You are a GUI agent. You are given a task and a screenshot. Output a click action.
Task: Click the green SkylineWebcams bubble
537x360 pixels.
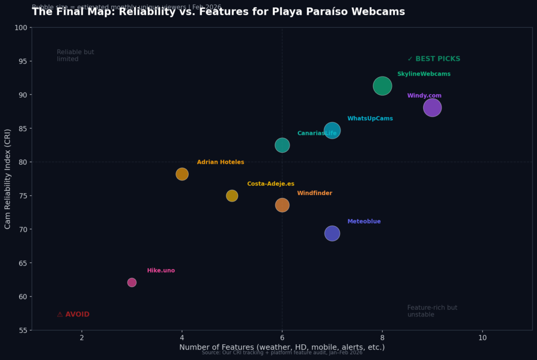click(382, 86)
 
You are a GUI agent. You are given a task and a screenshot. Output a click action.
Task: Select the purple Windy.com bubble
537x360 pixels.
click(432, 108)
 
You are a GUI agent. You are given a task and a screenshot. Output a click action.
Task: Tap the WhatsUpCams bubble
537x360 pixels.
click(332, 130)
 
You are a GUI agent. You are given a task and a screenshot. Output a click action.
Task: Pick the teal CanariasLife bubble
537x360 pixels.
click(282, 145)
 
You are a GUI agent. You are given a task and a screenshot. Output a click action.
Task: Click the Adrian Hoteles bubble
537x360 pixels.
click(182, 174)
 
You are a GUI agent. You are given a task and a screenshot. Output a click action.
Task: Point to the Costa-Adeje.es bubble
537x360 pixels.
click(232, 196)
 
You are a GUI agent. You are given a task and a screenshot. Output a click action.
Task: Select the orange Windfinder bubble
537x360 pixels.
click(282, 205)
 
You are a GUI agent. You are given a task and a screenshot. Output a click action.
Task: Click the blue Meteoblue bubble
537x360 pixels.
click(332, 234)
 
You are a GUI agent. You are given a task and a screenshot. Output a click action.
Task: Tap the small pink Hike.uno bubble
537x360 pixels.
click(132, 282)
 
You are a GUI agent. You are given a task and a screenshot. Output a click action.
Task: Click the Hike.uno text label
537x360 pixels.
click(161, 271)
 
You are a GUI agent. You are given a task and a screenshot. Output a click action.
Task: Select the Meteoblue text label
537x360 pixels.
click(364, 221)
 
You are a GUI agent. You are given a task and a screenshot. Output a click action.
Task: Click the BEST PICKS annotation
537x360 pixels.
click(434, 59)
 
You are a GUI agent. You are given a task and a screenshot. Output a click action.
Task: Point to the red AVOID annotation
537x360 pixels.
click(73, 314)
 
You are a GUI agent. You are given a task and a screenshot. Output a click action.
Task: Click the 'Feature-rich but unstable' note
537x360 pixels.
click(432, 311)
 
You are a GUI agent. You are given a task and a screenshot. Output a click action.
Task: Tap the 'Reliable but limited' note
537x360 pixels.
click(76, 56)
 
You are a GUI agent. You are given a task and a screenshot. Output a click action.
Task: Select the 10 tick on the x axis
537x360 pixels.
click(482, 337)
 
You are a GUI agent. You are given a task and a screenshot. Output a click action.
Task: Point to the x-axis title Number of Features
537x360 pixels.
click(282, 347)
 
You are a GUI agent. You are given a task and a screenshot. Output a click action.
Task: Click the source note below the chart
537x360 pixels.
click(282, 353)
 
